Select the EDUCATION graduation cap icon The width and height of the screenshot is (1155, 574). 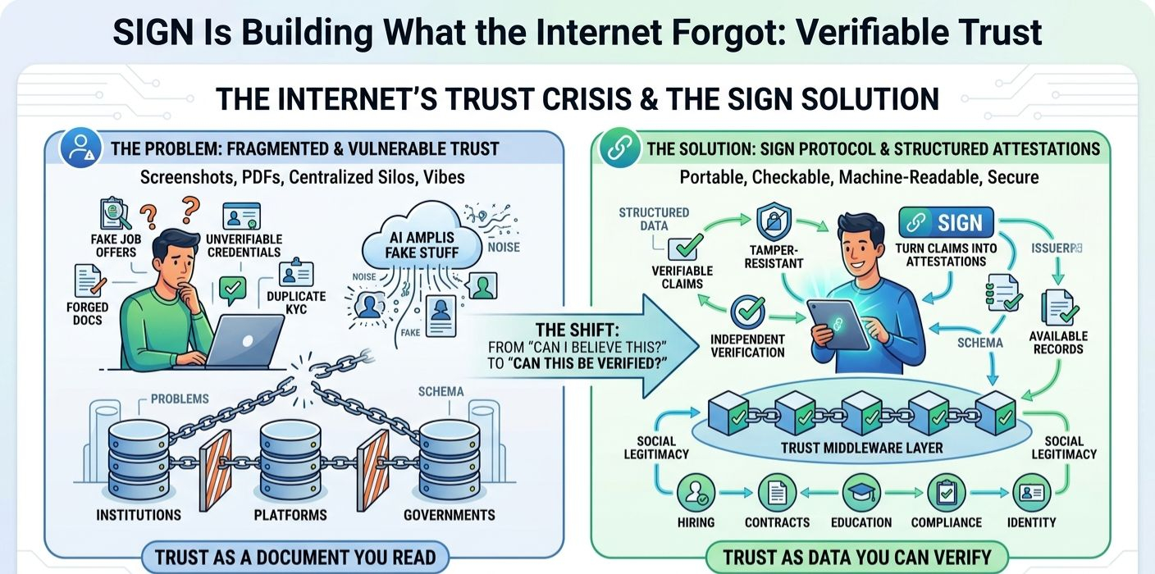(860, 493)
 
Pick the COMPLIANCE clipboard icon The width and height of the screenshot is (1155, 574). (946, 493)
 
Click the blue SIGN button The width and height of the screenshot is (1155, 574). (946, 222)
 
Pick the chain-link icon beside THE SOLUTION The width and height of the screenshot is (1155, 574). (618, 148)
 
